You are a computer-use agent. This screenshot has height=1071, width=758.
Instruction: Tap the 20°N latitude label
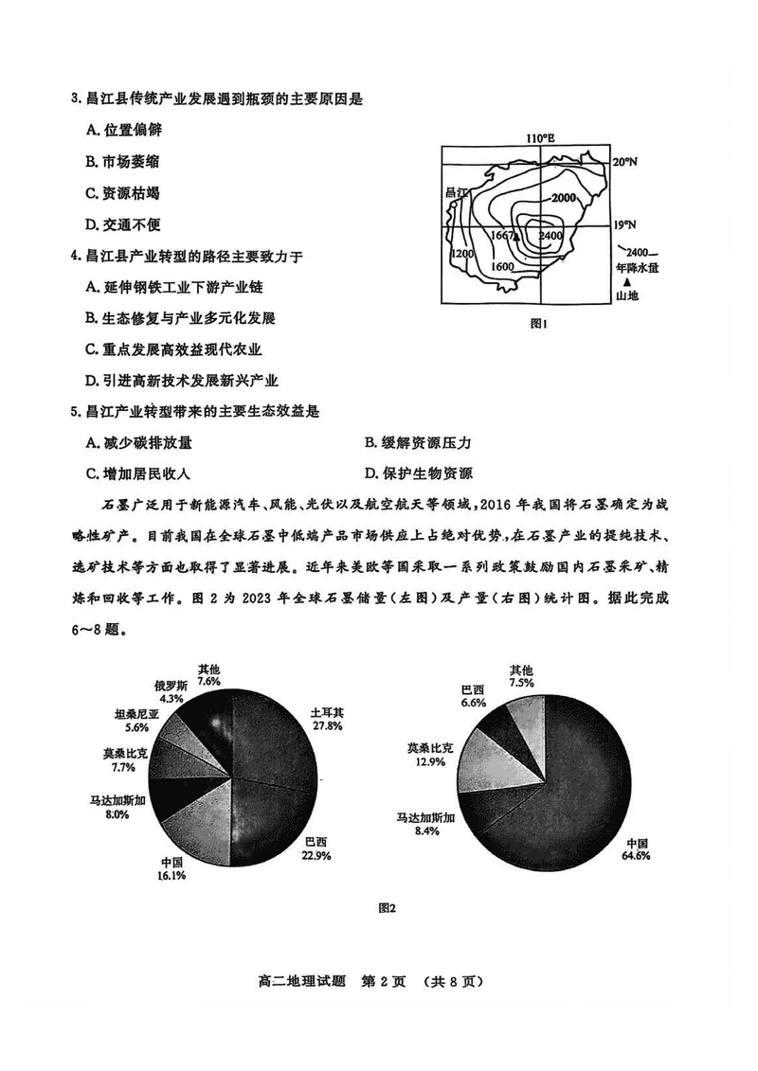(x=624, y=162)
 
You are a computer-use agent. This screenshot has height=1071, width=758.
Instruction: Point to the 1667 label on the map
(x=502, y=235)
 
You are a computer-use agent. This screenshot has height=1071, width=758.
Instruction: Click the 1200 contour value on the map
(x=461, y=255)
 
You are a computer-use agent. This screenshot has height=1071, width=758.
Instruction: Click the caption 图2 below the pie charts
(x=386, y=908)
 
